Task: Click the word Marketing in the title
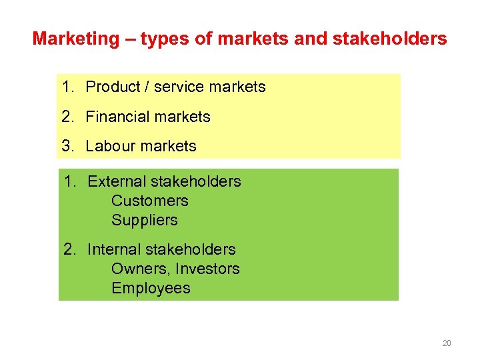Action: (x=75, y=39)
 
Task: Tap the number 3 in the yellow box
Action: (x=66, y=146)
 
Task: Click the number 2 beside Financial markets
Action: (x=66, y=117)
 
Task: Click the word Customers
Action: (x=150, y=201)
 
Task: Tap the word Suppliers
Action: (x=145, y=220)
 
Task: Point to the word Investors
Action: (x=207, y=269)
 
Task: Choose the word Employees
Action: (x=151, y=288)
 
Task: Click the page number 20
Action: (x=447, y=343)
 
